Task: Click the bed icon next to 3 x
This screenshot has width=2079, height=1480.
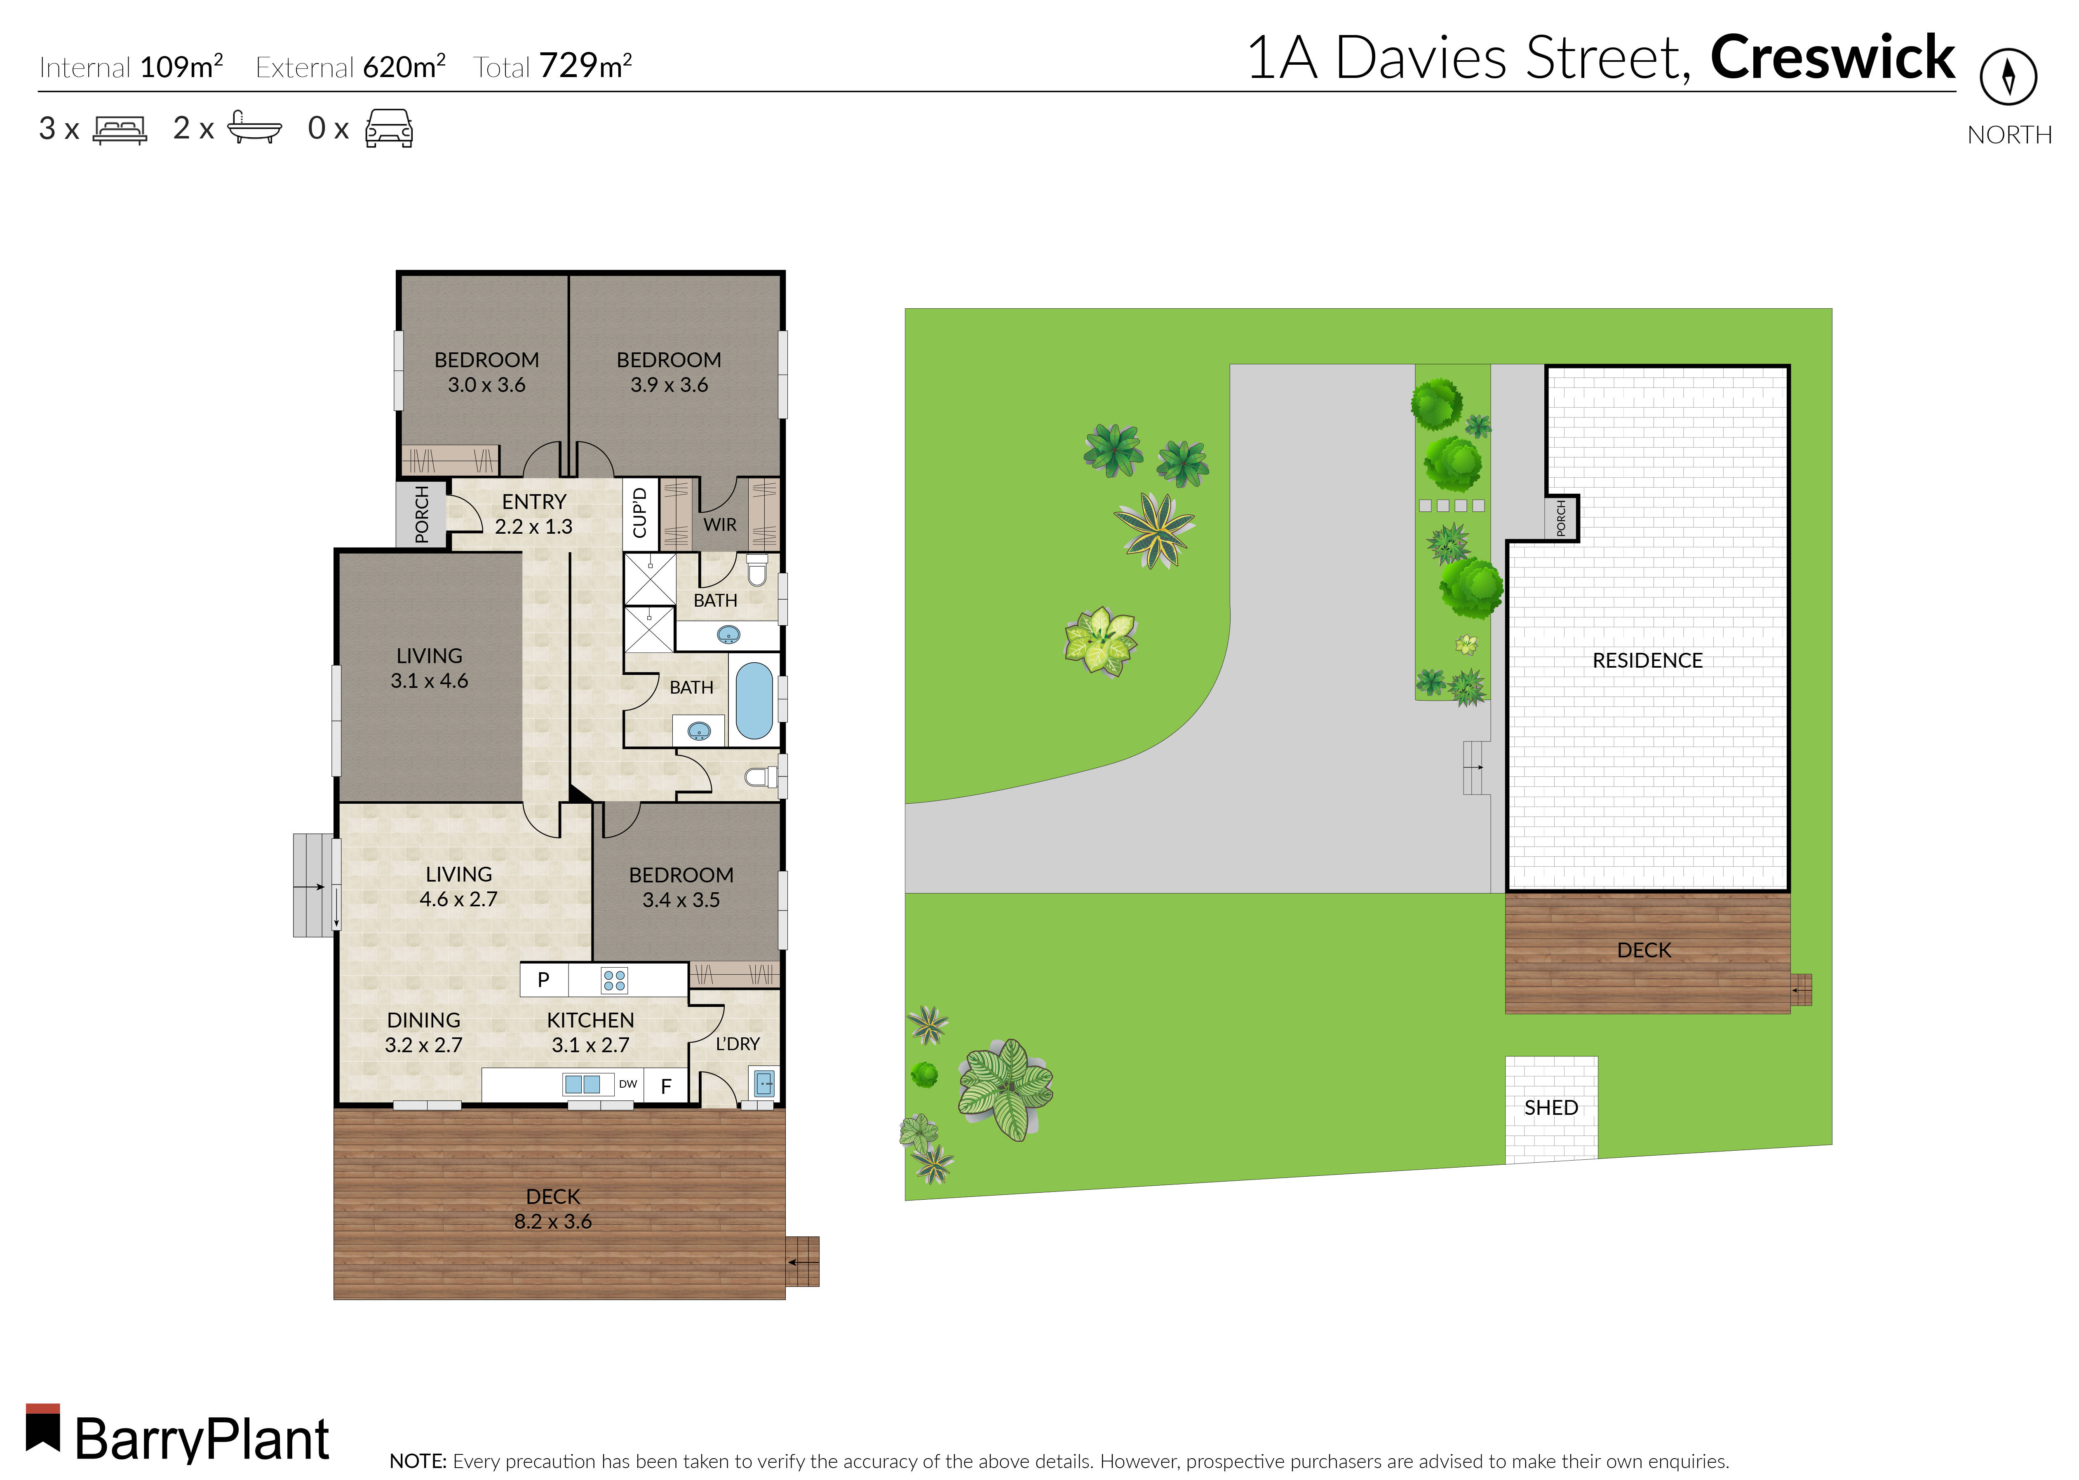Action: (120, 129)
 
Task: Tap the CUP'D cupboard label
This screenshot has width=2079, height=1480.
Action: (640, 513)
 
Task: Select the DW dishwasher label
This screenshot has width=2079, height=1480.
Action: (628, 1084)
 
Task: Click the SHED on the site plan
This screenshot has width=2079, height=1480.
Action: (1550, 1108)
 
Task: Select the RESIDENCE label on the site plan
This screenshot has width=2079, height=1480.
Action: (1647, 661)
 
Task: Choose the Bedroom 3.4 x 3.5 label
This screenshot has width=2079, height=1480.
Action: (681, 887)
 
